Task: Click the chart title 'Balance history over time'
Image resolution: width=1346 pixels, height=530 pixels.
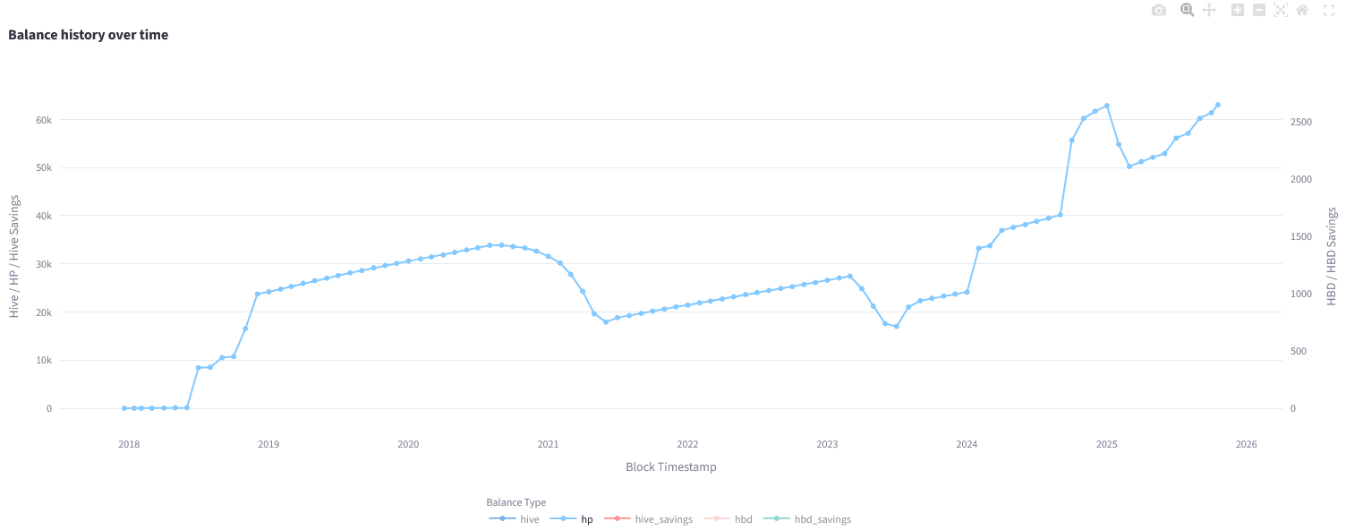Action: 88,35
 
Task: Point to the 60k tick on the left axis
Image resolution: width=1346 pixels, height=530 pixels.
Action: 43,120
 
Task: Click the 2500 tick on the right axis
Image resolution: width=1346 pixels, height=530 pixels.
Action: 1302,122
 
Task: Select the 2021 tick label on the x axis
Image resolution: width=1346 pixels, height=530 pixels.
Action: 548,444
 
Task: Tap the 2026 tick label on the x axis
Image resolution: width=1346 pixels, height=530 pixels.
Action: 1246,444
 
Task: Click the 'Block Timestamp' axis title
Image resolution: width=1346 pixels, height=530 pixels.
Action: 670,466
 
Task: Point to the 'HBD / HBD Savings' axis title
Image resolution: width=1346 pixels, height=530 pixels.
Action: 1332,256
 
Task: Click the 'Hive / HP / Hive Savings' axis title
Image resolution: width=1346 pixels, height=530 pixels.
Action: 13,256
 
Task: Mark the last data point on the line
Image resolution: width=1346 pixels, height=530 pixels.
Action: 1217,105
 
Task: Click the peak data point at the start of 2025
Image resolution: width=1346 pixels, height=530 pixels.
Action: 1107,106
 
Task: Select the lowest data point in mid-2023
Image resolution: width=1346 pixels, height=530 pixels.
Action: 896,326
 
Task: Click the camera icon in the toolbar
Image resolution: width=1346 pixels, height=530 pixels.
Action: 1159,10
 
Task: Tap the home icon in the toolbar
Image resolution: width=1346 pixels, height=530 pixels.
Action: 1302,10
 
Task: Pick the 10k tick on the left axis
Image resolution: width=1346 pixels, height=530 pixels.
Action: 43,361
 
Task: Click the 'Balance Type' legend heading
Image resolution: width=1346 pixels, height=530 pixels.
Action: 515,502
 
